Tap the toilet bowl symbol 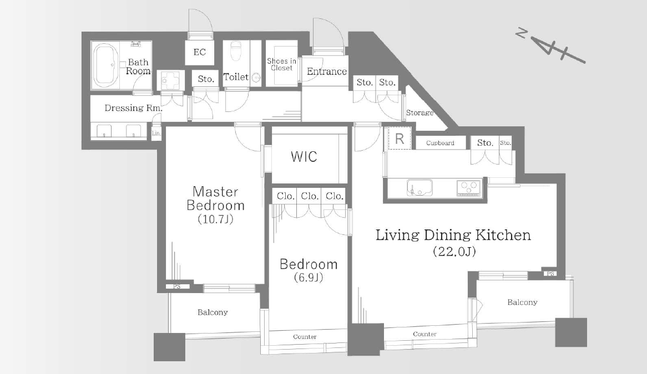[x=236, y=50]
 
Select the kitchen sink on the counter [x=419, y=187]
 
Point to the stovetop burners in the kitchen [x=469, y=187]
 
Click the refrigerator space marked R [x=400, y=139]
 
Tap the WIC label [x=304, y=156]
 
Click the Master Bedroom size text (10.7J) [x=215, y=219]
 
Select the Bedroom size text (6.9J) [x=308, y=277]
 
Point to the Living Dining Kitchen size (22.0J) [x=454, y=251]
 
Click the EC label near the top [x=200, y=52]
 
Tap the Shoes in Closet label [x=281, y=64]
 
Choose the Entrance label [x=327, y=71]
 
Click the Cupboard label [x=440, y=143]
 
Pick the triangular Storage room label [x=419, y=112]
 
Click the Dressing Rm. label [x=133, y=108]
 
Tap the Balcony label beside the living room [x=522, y=302]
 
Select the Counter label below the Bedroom [x=305, y=336]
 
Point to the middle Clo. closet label [x=310, y=196]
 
